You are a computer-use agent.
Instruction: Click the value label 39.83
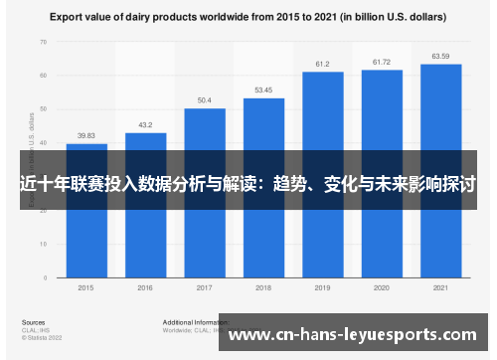coord(86,135)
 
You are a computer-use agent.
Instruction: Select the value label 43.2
coord(145,124)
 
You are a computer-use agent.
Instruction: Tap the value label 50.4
coord(205,100)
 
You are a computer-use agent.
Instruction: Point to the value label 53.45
coord(263,90)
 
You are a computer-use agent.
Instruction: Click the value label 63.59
coord(440,57)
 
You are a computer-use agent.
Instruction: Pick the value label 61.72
coord(382,63)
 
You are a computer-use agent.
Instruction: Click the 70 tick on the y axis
coord(43,43)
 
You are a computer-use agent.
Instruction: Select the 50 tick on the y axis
coord(43,108)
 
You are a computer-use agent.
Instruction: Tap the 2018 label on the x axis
coord(263,287)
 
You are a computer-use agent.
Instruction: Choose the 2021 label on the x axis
coord(440,287)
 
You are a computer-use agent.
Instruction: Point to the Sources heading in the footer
coord(32,322)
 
